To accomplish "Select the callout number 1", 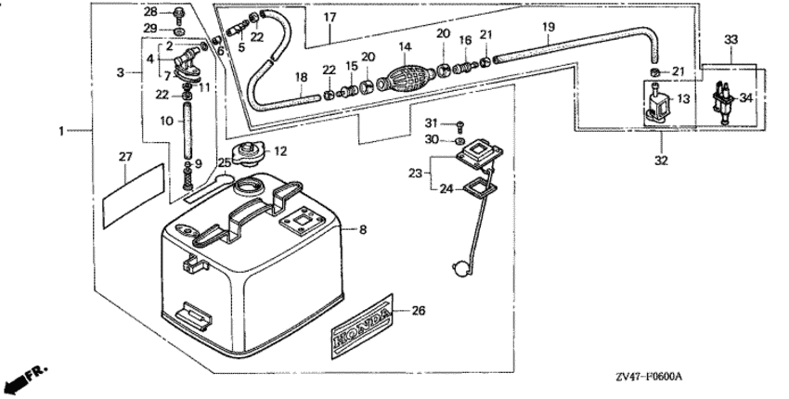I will pos(63,132).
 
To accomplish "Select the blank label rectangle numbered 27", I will pos(131,193).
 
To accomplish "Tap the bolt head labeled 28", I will pos(177,13).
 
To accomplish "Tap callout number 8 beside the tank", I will pos(363,228).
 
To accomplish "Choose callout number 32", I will pos(659,145).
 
